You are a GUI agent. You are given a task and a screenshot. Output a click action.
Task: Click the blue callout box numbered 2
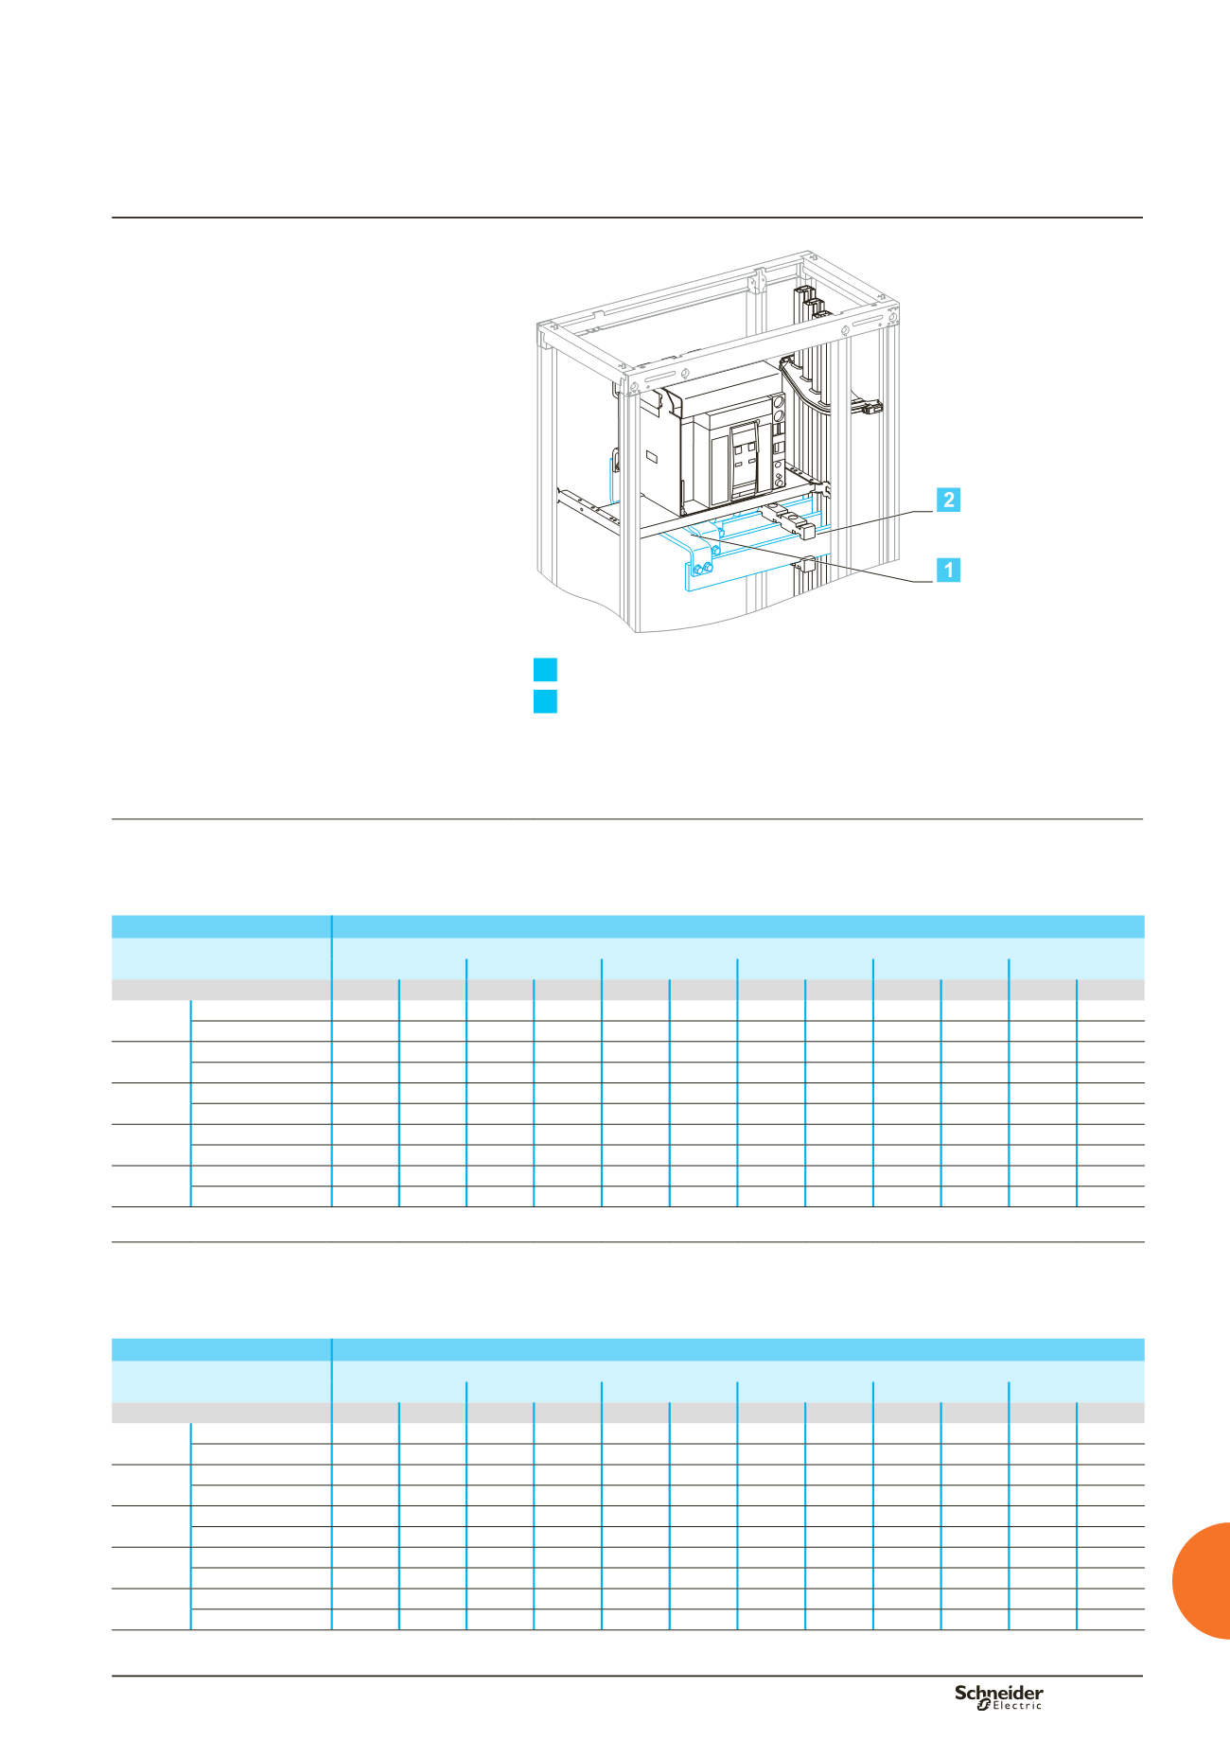tap(948, 500)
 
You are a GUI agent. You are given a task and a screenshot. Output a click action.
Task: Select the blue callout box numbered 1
tap(948, 570)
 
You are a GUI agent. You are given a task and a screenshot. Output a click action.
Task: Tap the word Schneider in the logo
tap(999, 1693)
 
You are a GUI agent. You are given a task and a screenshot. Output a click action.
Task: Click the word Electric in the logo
tap(1017, 1706)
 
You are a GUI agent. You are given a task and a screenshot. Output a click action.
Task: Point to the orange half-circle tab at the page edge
tap(1202, 1580)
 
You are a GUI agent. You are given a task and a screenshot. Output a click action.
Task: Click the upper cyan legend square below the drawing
tap(545, 670)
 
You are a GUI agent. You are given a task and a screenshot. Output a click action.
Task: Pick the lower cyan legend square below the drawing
tap(545, 701)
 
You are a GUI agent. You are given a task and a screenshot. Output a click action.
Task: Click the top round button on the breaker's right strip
tap(780, 402)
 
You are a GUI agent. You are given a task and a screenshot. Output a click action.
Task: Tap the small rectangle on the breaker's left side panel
tap(652, 457)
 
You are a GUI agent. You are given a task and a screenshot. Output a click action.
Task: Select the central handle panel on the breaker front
tap(744, 460)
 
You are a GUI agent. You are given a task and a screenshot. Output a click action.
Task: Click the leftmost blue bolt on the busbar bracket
tap(697, 571)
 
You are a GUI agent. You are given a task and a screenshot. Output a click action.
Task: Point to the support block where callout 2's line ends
tap(808, 531)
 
